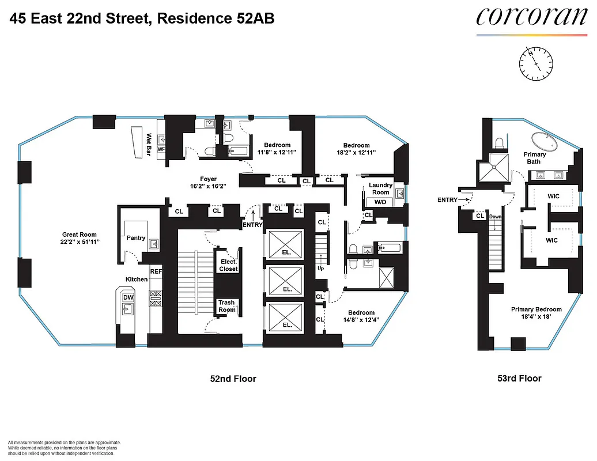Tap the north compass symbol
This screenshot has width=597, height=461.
point(535,63)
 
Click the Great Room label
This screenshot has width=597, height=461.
point(80,235)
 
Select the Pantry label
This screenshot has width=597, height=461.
point(136,238)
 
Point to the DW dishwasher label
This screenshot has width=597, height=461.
point(128,298)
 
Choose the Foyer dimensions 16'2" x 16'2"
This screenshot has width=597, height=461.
point(208,186)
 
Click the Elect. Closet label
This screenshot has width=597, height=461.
point(228,265)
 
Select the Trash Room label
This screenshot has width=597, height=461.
point(226,306)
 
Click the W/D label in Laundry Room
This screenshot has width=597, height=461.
point(380,202)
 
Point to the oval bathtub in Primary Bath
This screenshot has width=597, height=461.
point(545,141)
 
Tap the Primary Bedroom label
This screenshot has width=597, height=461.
point(536,309)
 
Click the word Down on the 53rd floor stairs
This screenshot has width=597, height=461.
point(496,217)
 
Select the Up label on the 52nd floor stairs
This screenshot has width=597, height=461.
point(320,269)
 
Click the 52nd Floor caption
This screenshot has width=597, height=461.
point(232,379)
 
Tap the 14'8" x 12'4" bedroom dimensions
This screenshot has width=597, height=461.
point(361,320)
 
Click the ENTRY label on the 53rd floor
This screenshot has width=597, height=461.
point(447,200)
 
